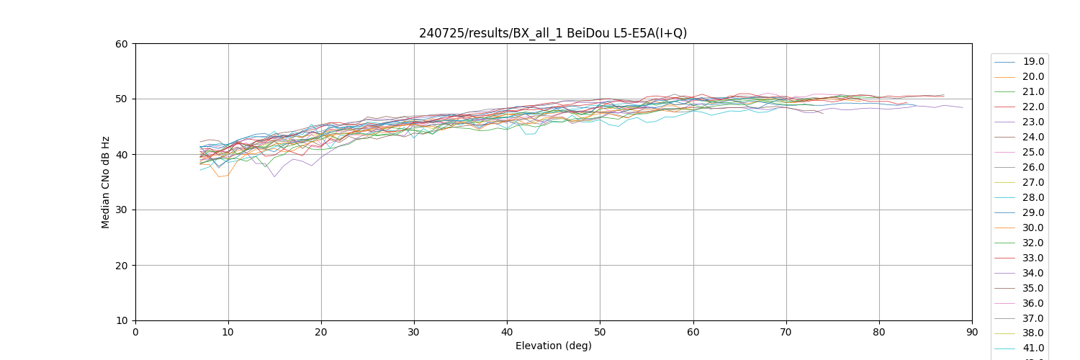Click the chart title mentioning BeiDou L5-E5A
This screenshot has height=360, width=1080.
pos(553,33)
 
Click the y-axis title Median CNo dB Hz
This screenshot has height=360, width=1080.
pos(106,182)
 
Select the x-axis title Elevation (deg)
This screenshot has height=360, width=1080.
pos(553,346)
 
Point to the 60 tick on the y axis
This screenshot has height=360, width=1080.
pos(121,44)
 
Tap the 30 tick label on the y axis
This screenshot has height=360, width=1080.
pos(121,210)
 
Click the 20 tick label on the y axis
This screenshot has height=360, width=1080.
pos(121,266)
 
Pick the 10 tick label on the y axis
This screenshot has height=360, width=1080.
pos(121,321)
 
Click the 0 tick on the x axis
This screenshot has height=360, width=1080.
pos(135,333)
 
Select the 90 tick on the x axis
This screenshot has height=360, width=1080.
pos(972,333)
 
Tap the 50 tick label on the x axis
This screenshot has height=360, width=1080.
pos(600,333)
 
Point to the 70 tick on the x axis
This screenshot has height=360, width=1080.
pos(786,333)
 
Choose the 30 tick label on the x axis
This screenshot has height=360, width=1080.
pos(414,333)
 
